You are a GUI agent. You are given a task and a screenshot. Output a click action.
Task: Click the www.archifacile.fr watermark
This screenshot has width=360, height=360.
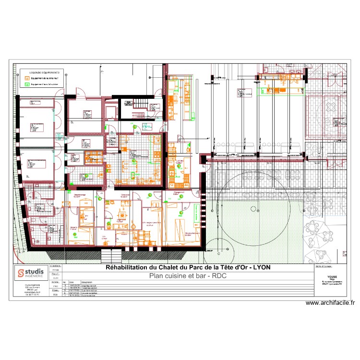[x=330, y=303]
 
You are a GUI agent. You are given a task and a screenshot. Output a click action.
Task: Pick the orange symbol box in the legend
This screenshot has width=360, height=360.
[x=27, y=77]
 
